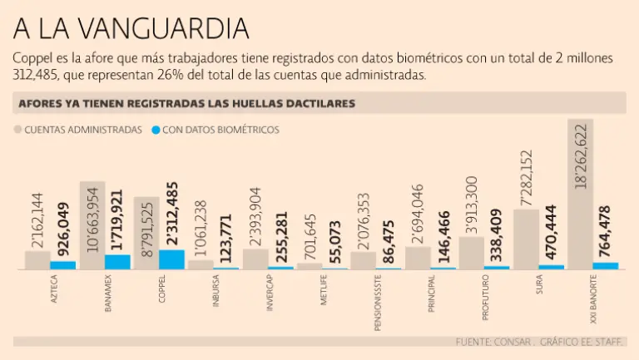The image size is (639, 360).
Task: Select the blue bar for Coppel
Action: pos(171,259)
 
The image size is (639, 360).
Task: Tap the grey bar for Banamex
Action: pos(92,224)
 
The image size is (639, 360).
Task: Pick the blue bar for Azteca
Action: pos(63,265)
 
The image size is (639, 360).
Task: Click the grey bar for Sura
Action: pos(526,239)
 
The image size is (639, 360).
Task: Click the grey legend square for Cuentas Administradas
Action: pos(17,130)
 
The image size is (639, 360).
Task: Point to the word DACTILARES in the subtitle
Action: pos(319,103)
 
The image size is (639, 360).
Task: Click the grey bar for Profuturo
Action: pos(472,253)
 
